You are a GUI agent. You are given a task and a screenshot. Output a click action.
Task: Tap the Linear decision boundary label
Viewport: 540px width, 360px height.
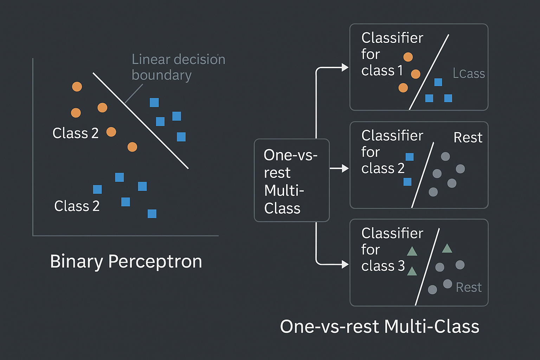pyautogui.click(x=178, y=67)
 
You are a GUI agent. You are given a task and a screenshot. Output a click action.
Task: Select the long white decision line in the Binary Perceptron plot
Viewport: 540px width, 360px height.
pyautogui.click(x=141, y=121)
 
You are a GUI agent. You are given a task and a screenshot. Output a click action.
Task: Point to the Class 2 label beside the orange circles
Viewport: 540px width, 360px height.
pyautogui.click(x=76, y=133)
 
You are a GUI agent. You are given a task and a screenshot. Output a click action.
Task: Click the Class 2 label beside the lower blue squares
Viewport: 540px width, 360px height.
pyautogui.click(x=77, y=206)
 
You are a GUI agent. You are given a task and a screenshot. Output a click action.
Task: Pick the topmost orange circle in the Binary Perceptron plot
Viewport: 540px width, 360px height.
pyautogui.click(x=77, y=86)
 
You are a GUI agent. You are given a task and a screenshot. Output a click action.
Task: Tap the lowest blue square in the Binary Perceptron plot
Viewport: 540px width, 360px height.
pyautogui.click(x=152, y=214)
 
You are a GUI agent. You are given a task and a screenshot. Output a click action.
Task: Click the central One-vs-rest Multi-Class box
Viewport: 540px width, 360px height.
pyautogui.click(x=292, y=180)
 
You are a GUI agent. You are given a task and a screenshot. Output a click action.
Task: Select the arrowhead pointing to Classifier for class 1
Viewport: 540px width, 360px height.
pyautogui.click(x=345, y=67)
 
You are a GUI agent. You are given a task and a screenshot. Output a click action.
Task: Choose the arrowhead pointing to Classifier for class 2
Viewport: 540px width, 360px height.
pyautogui.click(x=345, y=168)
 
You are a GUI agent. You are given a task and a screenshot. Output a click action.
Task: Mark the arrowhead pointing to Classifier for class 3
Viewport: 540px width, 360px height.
pyautogui.click(x=345, y=264)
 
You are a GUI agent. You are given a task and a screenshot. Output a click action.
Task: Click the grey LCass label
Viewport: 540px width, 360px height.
pyautogui.click(x=469, y=73)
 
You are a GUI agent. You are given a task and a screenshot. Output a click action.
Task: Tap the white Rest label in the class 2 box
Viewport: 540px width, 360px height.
pyautogui.click(x=468, y=137)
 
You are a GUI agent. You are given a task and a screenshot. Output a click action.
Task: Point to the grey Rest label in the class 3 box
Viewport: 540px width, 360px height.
pyautogui.click(x=469, y=287)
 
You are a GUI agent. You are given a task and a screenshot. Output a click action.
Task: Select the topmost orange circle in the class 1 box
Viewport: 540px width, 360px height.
pyautogui.click(x=408, y=57)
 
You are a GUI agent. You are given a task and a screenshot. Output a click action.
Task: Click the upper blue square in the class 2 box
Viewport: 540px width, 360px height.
pyautogui.click(x=410, y=157)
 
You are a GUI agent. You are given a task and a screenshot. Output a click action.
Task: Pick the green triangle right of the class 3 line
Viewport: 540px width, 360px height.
pyautogui.click(x=447, y=248)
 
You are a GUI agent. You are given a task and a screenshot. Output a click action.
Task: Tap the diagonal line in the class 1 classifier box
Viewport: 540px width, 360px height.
pyautogui.click(x=429, y=72)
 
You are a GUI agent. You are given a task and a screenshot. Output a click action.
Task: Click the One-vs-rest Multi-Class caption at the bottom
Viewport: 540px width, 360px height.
pyautogui.click(x=380, y=327)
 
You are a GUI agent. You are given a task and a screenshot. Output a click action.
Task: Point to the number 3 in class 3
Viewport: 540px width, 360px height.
pyautogui.click(x=401, y=266)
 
